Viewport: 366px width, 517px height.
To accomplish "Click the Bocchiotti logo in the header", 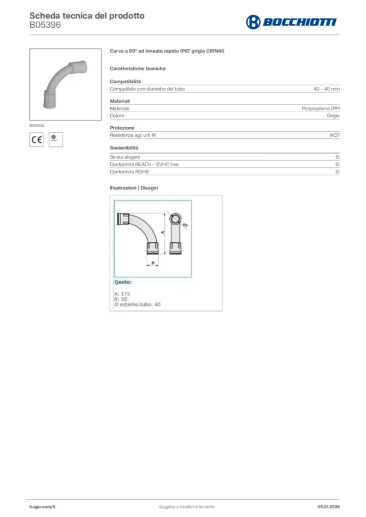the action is (291, 22).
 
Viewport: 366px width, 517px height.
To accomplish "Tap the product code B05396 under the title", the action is (45, 25).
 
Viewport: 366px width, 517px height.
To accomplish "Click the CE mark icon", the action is (37, 139).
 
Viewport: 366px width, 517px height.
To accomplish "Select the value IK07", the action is (334, 136).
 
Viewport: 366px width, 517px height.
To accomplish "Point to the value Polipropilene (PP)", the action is (321, 109).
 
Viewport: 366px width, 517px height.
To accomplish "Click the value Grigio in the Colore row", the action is (333, 116).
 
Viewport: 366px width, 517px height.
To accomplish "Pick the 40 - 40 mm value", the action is (326, 89).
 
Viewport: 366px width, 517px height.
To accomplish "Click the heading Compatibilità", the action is (125, 81).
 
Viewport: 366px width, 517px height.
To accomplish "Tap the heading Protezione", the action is (122, 128).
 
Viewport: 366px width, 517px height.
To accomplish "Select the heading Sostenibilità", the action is (124, 148).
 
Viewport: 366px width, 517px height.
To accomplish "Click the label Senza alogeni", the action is (125, 158).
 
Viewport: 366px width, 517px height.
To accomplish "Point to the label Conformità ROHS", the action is (130, 172).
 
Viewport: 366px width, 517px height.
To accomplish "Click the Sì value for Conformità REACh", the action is (337, 165).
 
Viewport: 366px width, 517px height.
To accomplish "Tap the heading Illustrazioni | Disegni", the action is (134, 188).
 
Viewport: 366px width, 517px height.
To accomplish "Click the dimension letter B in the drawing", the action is (153, 263).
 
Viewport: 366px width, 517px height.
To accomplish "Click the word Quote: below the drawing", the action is (123, 282).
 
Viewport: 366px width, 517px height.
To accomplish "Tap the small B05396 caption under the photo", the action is (36, 125).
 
